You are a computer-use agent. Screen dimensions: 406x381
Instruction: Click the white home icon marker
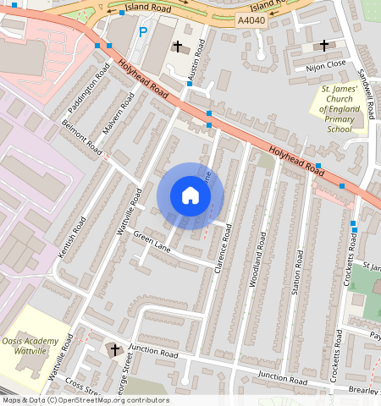190,195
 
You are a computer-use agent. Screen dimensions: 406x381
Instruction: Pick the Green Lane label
152,244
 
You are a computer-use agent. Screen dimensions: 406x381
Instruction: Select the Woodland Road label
258,262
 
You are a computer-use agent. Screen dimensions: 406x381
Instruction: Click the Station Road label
297,271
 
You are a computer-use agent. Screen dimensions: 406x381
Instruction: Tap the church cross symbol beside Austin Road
177,47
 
